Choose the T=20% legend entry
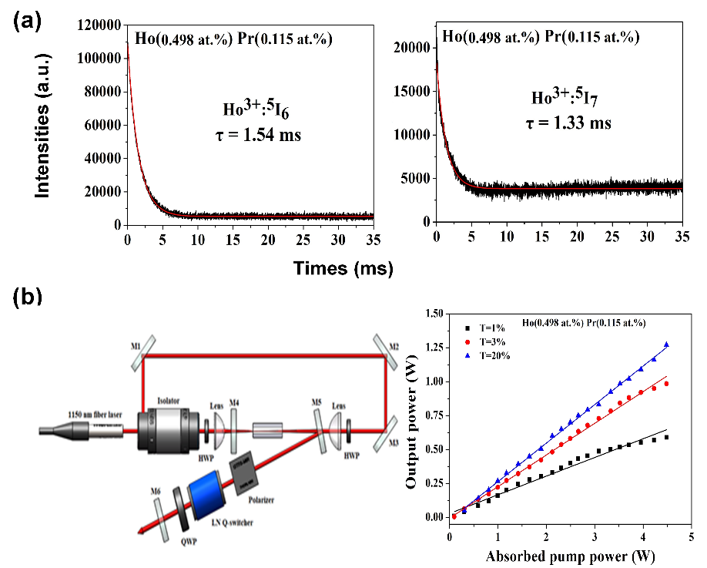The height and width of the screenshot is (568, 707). tap(493, 355)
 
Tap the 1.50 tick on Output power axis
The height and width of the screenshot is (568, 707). tap(434, 314)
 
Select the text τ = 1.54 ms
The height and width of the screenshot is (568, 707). tap(257, 136)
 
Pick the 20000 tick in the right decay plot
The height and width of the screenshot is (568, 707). tap(414, 48)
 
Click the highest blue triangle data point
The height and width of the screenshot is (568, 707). tap(666, 344)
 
